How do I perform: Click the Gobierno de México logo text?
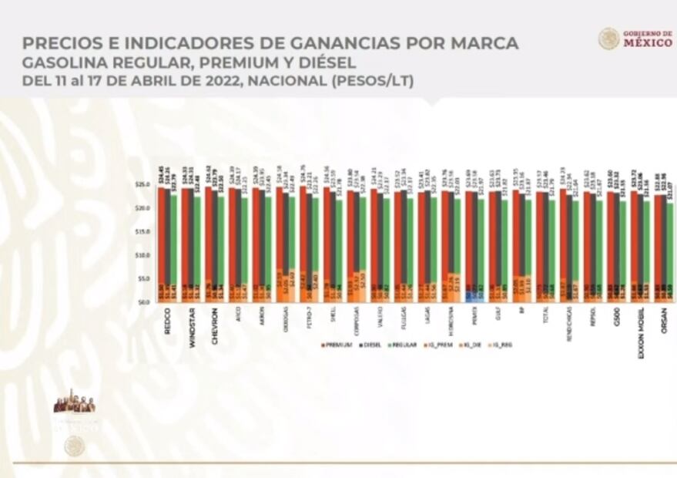pyautogui.click(x=646, y=39)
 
